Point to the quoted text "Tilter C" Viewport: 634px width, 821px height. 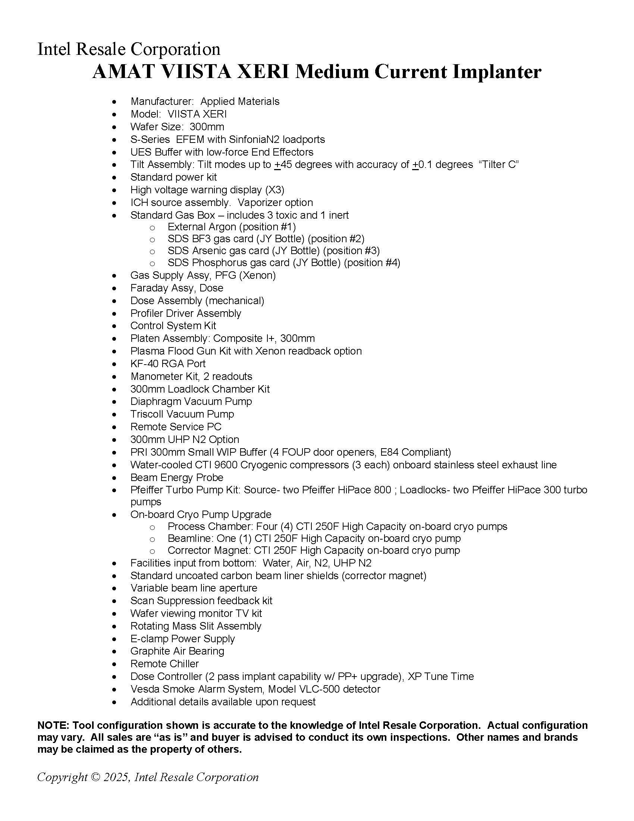tap(499, 165)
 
